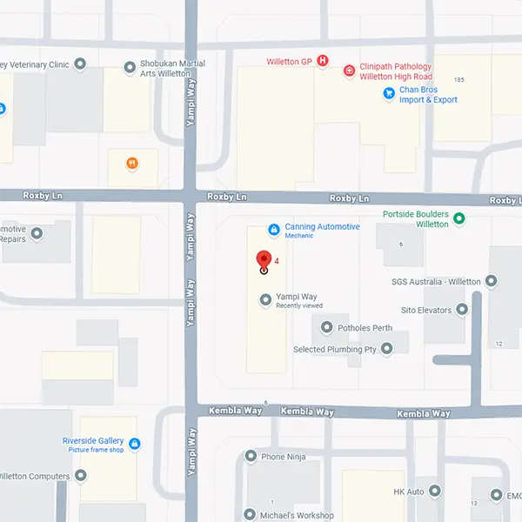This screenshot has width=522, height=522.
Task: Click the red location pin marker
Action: (264, 260)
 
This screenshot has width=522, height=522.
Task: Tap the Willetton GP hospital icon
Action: (323, 61)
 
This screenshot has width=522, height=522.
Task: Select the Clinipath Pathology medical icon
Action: (349, 70)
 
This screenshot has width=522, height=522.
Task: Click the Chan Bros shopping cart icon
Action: (389, 94)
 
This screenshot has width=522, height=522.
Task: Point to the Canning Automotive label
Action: (322, 227)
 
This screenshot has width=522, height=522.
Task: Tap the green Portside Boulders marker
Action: (459, 218)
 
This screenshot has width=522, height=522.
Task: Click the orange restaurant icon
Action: (132, 163)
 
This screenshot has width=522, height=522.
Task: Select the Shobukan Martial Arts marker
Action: (130, 65)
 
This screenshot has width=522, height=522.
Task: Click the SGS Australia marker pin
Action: (492, 281)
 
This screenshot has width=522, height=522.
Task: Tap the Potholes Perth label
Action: (365, 328)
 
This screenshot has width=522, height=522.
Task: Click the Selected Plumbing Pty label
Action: (335, 349)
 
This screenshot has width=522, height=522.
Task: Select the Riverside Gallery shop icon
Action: (135, 445)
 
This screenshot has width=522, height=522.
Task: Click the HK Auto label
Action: (409, 492)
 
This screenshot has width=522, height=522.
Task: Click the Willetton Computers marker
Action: (81, 475)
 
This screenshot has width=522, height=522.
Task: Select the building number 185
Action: (459, 80)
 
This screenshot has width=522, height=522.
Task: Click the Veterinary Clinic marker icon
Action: (81, 64)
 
